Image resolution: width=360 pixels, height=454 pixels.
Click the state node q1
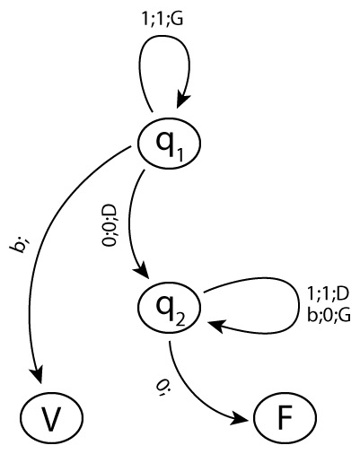tap(169, 144)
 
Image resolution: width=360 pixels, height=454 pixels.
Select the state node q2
tap(169, 308)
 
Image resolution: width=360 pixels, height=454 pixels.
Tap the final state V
tap(52, 417)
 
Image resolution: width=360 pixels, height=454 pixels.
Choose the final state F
tap(285, 417)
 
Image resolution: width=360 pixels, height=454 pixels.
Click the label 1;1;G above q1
tap(163, 19)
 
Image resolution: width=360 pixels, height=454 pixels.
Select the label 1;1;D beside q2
tap(328, 294)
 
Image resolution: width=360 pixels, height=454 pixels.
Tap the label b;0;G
tap(329, 316)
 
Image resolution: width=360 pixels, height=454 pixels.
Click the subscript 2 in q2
tap(180, 319)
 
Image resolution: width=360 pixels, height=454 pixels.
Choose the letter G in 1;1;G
tap(178, 19)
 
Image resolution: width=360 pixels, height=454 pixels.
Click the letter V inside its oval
tap(51, 418)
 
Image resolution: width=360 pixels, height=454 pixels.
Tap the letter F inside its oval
tap(285, 417)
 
